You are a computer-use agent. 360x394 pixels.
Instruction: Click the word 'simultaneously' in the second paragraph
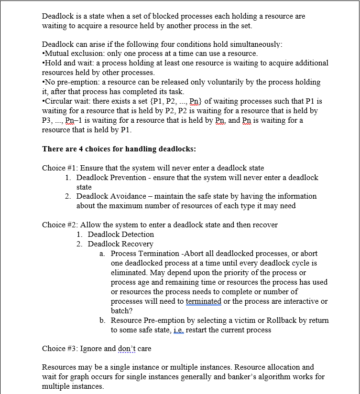(257, 44)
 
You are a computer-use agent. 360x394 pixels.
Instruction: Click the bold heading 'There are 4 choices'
(78, 149)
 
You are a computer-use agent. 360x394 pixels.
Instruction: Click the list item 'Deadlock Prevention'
(111, 177)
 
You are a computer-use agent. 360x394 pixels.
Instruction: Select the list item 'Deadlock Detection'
(121, 234)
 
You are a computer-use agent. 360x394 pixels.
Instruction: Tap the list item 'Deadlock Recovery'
(120, 244)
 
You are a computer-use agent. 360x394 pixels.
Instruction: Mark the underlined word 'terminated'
(203, 301)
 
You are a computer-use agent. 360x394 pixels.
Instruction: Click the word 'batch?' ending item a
(121, 310)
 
